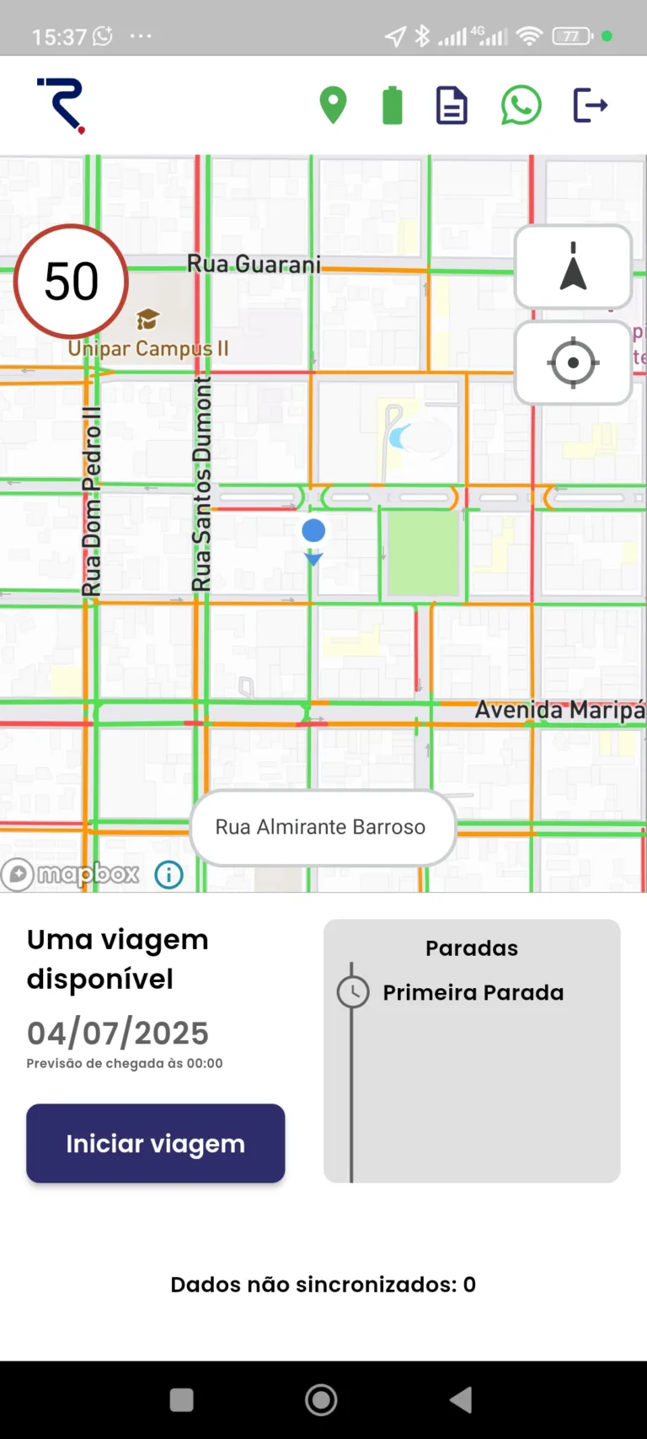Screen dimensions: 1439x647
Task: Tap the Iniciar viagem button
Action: tap(156, 1143)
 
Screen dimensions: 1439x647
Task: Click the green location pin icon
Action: tap(334, 105)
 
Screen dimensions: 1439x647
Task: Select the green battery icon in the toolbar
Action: tap(393, 106)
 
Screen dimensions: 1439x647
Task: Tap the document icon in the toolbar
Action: tap(452, 106)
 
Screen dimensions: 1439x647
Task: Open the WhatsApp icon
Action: tap(521, 105)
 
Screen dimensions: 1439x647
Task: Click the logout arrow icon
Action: tap(591, 105)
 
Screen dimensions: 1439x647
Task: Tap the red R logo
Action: tap(62, 105)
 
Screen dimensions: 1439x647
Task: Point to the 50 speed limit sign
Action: tap(72, 282)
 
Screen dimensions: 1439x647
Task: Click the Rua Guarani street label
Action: tap(254, 265)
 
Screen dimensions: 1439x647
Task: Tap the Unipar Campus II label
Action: tap(148, 348)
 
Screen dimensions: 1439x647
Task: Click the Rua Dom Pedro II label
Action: tap(91, 502)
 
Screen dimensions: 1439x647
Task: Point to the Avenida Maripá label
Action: tap(559, 710)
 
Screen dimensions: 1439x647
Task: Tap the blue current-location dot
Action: tap(313, 530)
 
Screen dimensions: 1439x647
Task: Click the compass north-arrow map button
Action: tap(573, 267)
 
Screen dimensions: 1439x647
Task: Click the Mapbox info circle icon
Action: tap(169, 875)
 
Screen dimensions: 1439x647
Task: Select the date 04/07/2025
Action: tap(118, 1033)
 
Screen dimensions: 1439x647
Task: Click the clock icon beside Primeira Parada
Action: tap(353, 991)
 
